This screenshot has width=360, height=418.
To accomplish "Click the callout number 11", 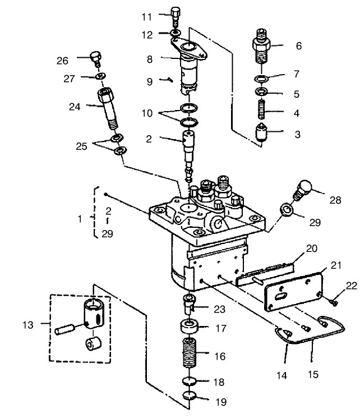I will pos(147,16).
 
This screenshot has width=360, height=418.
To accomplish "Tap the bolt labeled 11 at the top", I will pos(174,15).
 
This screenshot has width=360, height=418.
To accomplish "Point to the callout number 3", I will pos(297,134).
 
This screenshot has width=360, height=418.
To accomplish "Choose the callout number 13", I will pos(27,324).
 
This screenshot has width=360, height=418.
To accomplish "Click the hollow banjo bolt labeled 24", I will pos(108,107).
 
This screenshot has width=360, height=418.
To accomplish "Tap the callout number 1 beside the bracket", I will pos(80,217).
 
